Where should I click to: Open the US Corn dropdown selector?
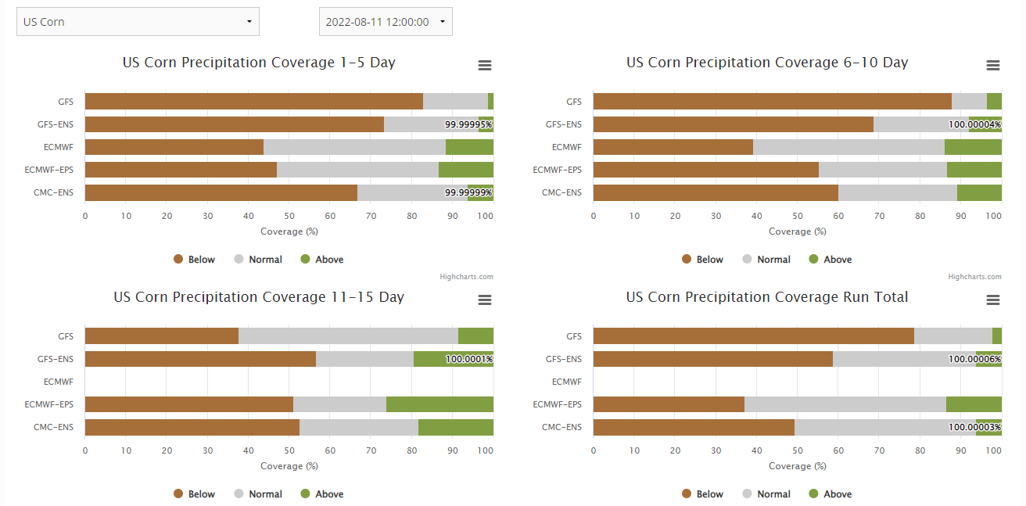[138, 22]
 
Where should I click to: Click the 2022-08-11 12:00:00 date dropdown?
[386, 22]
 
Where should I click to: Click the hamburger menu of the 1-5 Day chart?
[485, 66]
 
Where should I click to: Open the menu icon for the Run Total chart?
[993, 300]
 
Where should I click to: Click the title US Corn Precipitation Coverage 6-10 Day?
[767, 63]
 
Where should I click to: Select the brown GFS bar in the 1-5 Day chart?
[253, 101]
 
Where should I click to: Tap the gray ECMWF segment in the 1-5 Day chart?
[354, 147]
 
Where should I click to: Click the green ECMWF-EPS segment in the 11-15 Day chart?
[439, 404]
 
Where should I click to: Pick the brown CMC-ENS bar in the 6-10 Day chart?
[716, 192]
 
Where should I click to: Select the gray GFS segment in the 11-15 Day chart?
[348, 336]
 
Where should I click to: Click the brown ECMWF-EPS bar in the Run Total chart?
[669, 404]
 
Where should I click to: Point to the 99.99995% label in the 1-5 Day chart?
[468, 124]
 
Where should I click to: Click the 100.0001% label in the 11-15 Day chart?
[469, 359]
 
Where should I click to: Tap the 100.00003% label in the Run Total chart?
[974, 427]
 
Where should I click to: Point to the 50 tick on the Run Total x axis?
[798, 450]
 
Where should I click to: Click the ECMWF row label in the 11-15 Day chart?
[59, 382]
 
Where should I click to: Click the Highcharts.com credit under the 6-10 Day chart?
[974, 277]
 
